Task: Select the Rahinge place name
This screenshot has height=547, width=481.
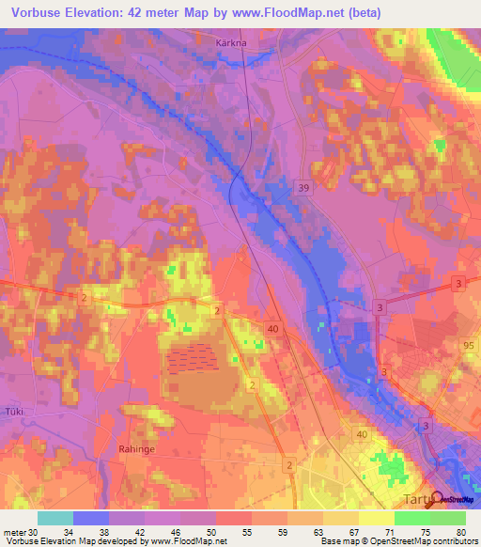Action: [x=137, y=449]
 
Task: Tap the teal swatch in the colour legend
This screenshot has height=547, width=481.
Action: [x=54, y=518]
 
